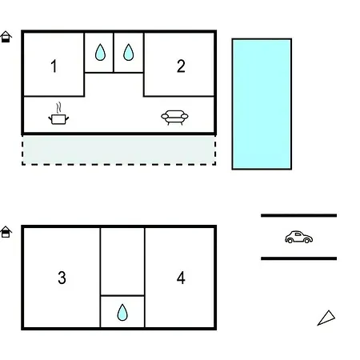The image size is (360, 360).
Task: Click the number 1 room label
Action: pyautogui.click(x=54, y=66)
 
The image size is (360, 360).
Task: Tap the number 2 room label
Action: pyautogui.click(x=181, y=66)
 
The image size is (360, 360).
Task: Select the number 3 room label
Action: pyautogui.click(x=62, y=278)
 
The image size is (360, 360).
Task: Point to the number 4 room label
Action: pyautogui.click(x=181, y=278)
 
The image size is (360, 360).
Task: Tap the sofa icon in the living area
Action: pyautogui.click(x=174, y=118)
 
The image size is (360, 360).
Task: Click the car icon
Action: pyautogui.click(x=298, y=237)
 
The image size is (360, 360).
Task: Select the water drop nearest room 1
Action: pyautogui.click(x=100, y=52)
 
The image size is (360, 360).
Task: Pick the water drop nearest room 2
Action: pyautogui.click(x=129, y=52)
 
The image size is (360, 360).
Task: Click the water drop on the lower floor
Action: pyautogui.click(x=122, y=312)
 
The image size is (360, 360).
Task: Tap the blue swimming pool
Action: pyautogui.click(x=262, y=104)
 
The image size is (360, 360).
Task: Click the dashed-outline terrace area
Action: pyautogui.click(x=118, y=150)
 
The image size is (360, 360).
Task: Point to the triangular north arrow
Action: pyautogui.click(x=327, y=318)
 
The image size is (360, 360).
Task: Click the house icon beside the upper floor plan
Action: pyautogui.click(x=6, y=37)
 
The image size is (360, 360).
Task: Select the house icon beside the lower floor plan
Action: pyautogui.click(x=6, y=232)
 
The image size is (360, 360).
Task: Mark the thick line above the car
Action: pyautogui.click(x=298, y=215)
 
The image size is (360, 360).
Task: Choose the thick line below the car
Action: pyautogui.click(x=298, y=258)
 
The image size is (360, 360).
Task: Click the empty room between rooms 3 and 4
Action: pyautogui.click(x=122, y=262)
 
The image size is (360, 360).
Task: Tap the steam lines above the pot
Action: pyautogui.click(x=59, y=107)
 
